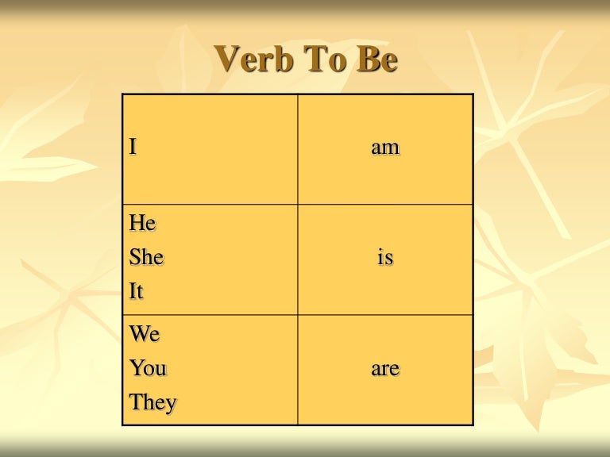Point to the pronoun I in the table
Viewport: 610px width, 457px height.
tap(133, 148)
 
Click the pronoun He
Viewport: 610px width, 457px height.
tap(143, 224)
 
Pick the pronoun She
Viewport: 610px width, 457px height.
tap(146, 258)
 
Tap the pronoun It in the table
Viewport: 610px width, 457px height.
tap(137, 292)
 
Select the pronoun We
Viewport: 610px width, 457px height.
tap(145, 334)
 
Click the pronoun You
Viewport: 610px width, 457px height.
tap(148, 368)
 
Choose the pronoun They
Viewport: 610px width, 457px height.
tap(153, 402)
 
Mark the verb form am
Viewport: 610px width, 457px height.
tap(385, 148)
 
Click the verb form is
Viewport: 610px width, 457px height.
tap(385, 258)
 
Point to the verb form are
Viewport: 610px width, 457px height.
tap(385, 369)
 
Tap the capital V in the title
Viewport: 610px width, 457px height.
tap(229, 60)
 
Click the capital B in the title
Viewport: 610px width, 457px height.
tap(366, 60)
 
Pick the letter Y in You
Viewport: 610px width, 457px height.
tap(137, 368)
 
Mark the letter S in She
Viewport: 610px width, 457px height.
tap(135, 258)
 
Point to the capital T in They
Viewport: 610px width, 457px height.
tap(137, 402)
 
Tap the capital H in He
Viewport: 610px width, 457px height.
tap(137, 224)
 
